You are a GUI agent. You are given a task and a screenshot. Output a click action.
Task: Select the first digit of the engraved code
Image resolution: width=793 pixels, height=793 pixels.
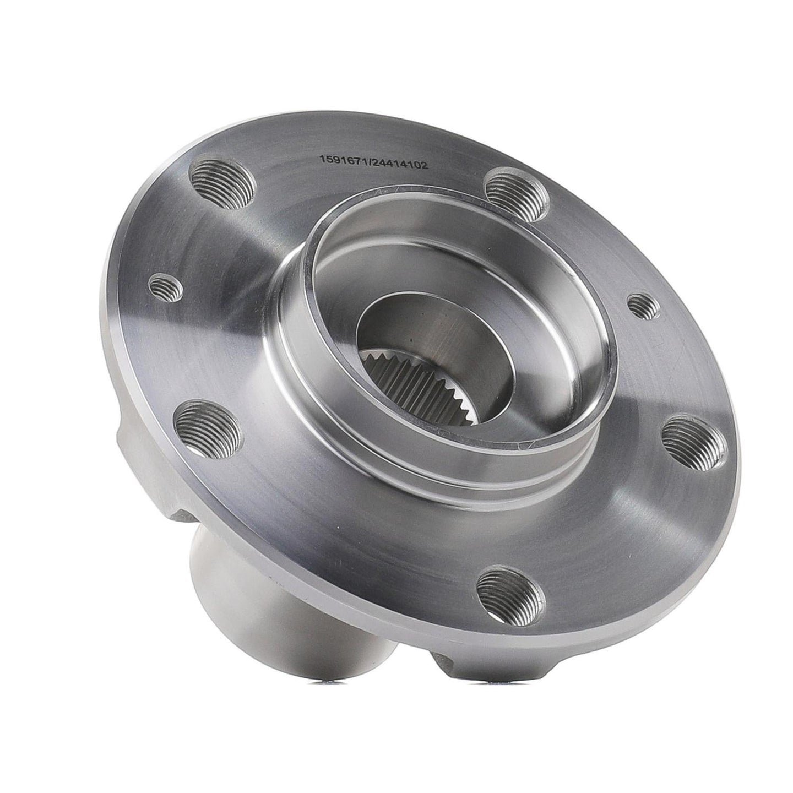(x=323, y=159)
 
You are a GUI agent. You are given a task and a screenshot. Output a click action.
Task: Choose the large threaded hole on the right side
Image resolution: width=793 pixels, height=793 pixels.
(x=693, y=442)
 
